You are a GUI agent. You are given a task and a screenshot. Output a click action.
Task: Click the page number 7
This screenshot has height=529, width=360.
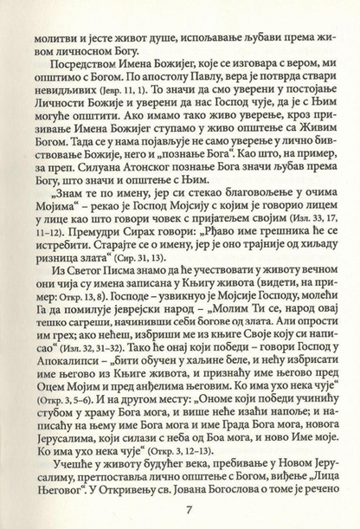pyautogui.click(x=180, y=501)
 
